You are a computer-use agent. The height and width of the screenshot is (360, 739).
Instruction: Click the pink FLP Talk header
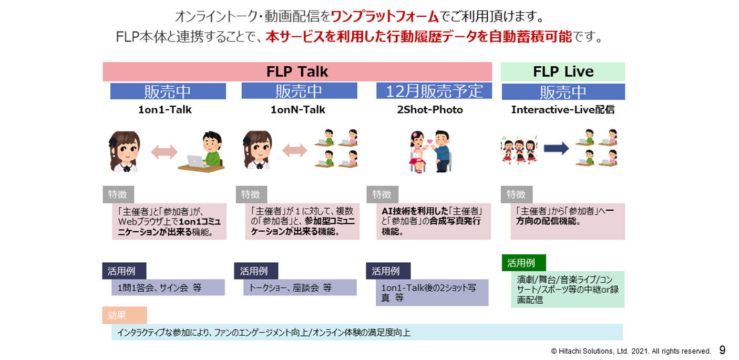(297, 71)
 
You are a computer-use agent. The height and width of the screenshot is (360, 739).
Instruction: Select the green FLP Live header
(563, 71)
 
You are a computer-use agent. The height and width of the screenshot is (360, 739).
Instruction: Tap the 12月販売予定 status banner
(434, 91)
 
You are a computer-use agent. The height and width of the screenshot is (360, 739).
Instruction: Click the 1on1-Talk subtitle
(165, 110)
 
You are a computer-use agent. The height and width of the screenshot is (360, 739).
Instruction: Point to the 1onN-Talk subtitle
(297, 110)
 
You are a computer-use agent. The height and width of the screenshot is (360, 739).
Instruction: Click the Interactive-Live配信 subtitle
(563, 110)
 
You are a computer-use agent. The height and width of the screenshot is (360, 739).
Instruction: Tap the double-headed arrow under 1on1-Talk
(165, 152)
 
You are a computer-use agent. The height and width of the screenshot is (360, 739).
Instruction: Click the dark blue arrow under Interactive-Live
(556, 149)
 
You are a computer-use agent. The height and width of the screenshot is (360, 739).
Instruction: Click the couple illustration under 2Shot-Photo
(430, 151)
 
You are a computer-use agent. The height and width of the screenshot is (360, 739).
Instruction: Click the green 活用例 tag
(524, 262)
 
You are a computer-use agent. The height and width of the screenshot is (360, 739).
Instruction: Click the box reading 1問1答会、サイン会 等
(168, 287)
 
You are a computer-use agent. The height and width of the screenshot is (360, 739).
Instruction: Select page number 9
(722, 350)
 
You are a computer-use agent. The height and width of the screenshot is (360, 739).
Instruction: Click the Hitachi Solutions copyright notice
(631, 351)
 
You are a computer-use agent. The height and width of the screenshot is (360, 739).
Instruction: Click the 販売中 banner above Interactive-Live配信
(563, 92)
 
